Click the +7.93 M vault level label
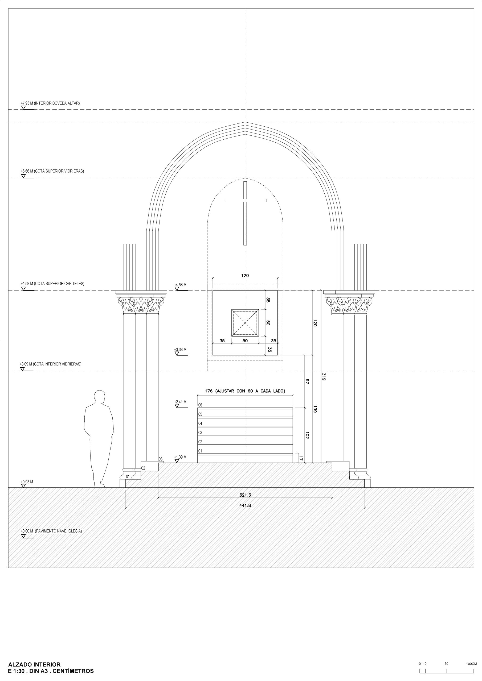point(50,103)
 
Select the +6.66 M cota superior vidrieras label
point(52,171)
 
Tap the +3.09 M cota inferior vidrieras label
point(51,364)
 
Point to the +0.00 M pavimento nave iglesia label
point(51,531)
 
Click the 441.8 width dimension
point(245,505)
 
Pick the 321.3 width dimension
point(245,495)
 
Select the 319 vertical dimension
point(324,377)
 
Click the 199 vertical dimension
point(315,409)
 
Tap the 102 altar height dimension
point(307,435)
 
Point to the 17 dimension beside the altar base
point(301,458)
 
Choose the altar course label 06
point(200,405)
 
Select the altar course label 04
point(200,423)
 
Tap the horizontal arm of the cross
point(245,201)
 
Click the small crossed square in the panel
point(245,323)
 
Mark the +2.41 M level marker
point(180,402)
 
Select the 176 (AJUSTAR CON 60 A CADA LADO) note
point(245,391)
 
